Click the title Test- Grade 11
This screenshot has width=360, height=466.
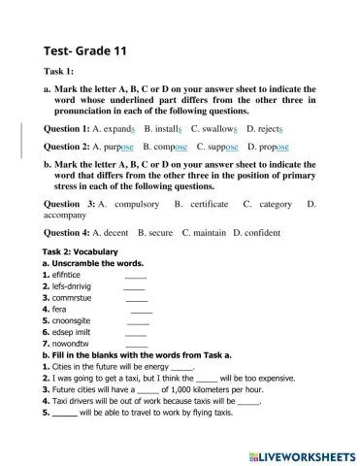point(85,50)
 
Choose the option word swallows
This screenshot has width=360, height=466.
point(218,128)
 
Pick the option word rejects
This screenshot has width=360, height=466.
point(268,128)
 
